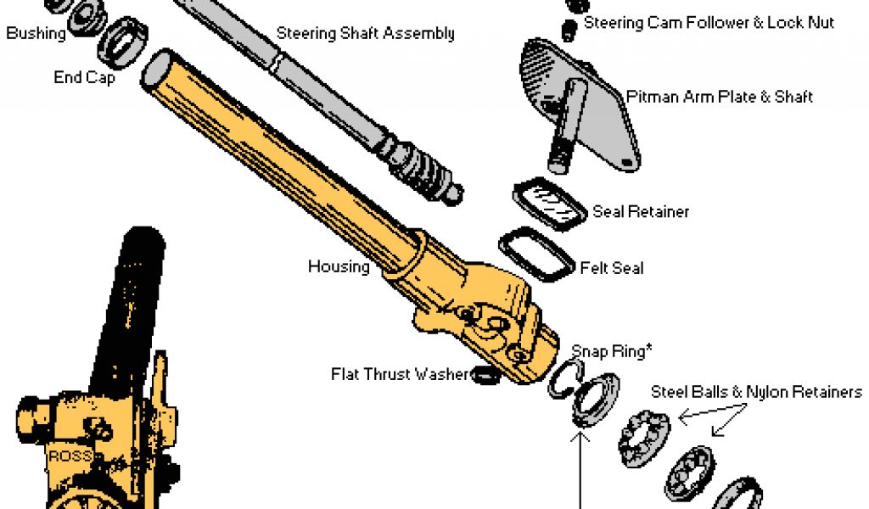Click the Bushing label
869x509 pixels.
(x=36, y=34)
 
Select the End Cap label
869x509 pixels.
(x=84, y=77)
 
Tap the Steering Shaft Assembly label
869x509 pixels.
(x=365, y=34)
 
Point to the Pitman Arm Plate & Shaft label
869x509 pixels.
(x=720, y=97)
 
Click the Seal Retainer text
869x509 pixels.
(x=641, y=211)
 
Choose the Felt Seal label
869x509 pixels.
(x=612, y=268)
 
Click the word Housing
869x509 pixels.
(x=339, y=266)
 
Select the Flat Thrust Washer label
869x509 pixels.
(x=400, y=373)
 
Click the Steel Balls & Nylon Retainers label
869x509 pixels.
(x=756, y=392)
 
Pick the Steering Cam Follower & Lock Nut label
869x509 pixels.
(x=709, y=23)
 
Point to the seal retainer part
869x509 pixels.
(x=550, y=204)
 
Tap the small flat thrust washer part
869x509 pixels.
(x=485, y=373)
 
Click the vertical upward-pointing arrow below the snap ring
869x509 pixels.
(x=580, y=467)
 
